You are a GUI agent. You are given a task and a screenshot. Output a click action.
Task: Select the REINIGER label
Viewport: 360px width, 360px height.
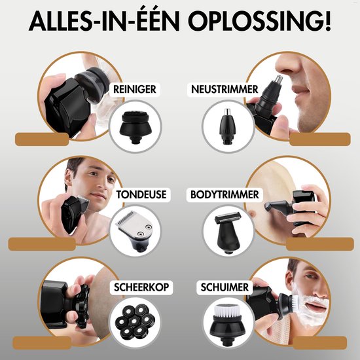coord(134,89)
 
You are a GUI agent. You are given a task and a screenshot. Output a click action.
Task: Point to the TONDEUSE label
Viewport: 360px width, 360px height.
coord(140,194)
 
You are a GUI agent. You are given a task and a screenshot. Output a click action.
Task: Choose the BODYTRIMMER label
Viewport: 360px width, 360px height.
coord(225,194)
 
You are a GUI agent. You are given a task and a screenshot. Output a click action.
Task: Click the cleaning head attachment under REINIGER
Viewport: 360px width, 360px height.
coord(134,125)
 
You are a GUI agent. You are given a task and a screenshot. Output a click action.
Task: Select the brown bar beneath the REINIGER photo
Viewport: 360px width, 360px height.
coord(49,139)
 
